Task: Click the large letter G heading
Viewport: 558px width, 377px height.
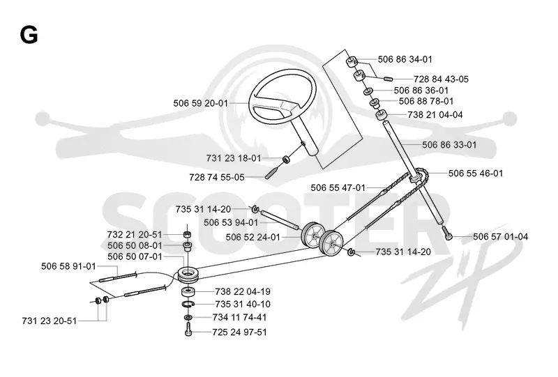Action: [29, 36]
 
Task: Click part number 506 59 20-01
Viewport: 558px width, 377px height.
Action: [200, 103]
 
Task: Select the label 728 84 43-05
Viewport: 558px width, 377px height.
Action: [441, 79]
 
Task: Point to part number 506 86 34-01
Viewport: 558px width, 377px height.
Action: [405, 59]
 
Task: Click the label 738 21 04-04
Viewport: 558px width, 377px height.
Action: [435, 114]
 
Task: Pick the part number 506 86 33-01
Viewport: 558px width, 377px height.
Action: [449, 145]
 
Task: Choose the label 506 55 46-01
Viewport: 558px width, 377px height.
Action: [476, 174]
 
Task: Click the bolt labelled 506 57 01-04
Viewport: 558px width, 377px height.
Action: [448, 233]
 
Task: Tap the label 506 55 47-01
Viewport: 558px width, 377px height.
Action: [338, 187]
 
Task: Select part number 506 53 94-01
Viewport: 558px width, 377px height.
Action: [231, 222]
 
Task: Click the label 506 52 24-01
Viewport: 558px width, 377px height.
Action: [253, 237]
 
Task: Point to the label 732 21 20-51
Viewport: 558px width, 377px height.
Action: [135, 234]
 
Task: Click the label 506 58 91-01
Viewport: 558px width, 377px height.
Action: [68, 266]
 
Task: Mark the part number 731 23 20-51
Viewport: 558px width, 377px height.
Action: [50, 321]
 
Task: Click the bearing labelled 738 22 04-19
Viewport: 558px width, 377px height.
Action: [188, 292]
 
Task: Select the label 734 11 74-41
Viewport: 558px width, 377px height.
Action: [239, 317]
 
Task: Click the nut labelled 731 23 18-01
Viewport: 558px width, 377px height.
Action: [286, 160]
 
